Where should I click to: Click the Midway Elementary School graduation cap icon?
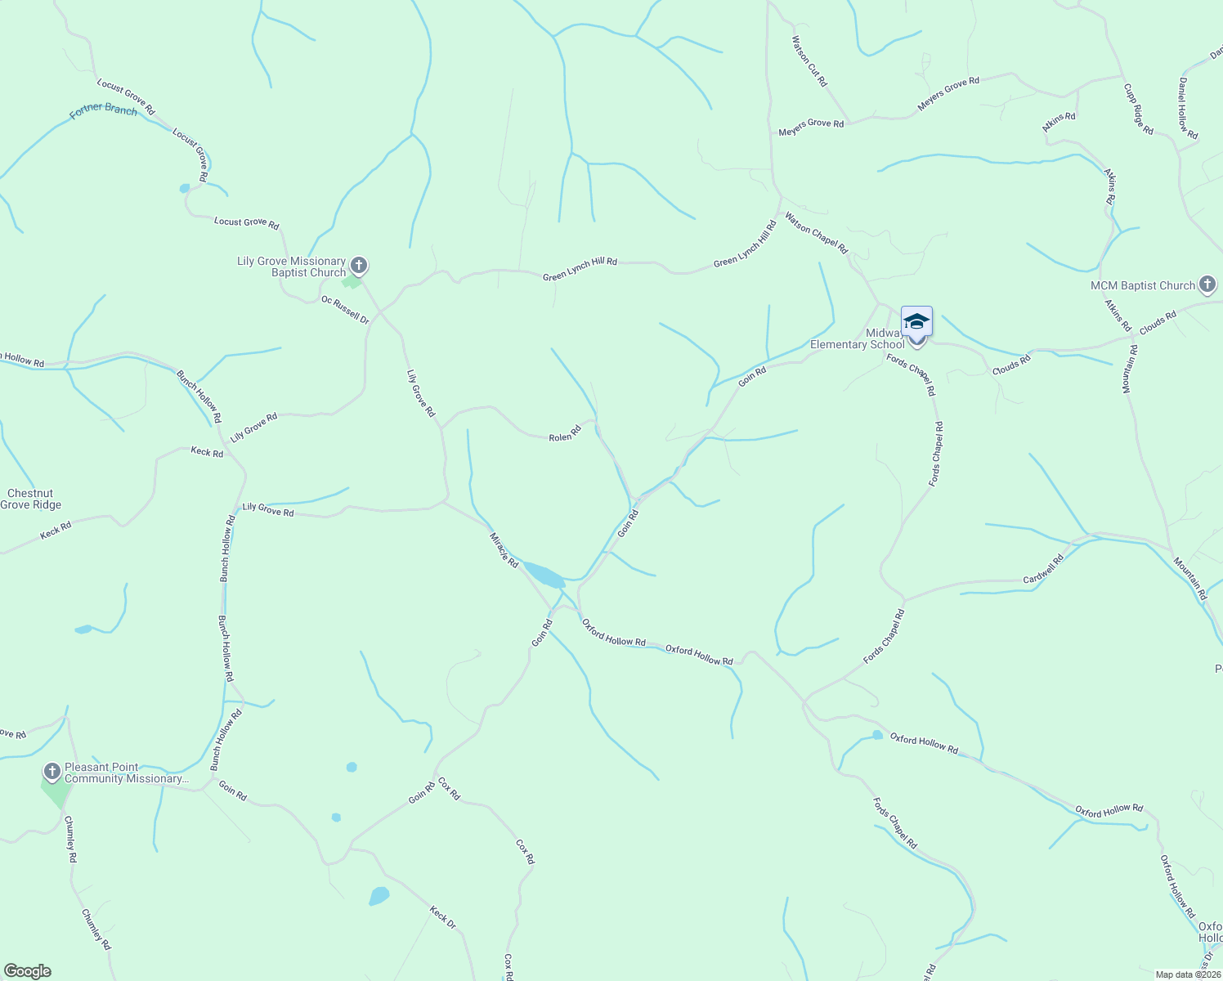click(916, 320)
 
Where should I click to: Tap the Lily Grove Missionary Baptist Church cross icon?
click(358, 265)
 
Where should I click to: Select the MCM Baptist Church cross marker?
click(1207, 284)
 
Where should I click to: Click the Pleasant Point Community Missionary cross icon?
click(52, 771)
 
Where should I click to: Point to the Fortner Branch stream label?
click(104, 110)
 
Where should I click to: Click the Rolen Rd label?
click(565, 433)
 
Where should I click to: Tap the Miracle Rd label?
click(504, 550)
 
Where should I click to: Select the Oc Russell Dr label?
click(345, 310)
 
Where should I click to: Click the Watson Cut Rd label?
click(809, 61)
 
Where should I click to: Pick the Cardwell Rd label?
click(1043, 569)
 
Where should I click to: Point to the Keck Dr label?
click(442, 917)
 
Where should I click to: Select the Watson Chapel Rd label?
click(817, 233)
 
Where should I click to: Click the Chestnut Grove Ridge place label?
click(30, 499)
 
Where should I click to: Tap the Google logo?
click(28, 971)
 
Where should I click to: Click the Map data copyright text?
click(1188, 974)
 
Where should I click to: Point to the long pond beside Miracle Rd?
click(544, 575)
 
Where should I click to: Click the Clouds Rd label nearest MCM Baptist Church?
click(1158, 321)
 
